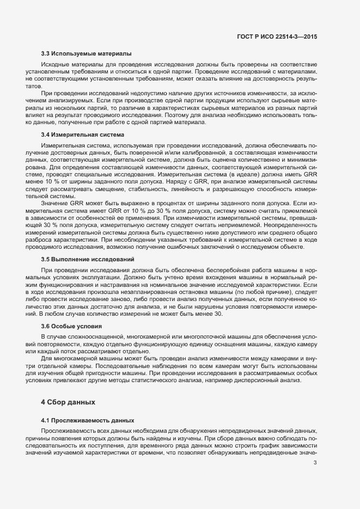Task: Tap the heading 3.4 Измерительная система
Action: click(83, 134)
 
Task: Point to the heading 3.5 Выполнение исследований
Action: click(88, 259)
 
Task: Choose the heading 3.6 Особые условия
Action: click(71, 326)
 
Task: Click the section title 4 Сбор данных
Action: click(68, 402)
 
